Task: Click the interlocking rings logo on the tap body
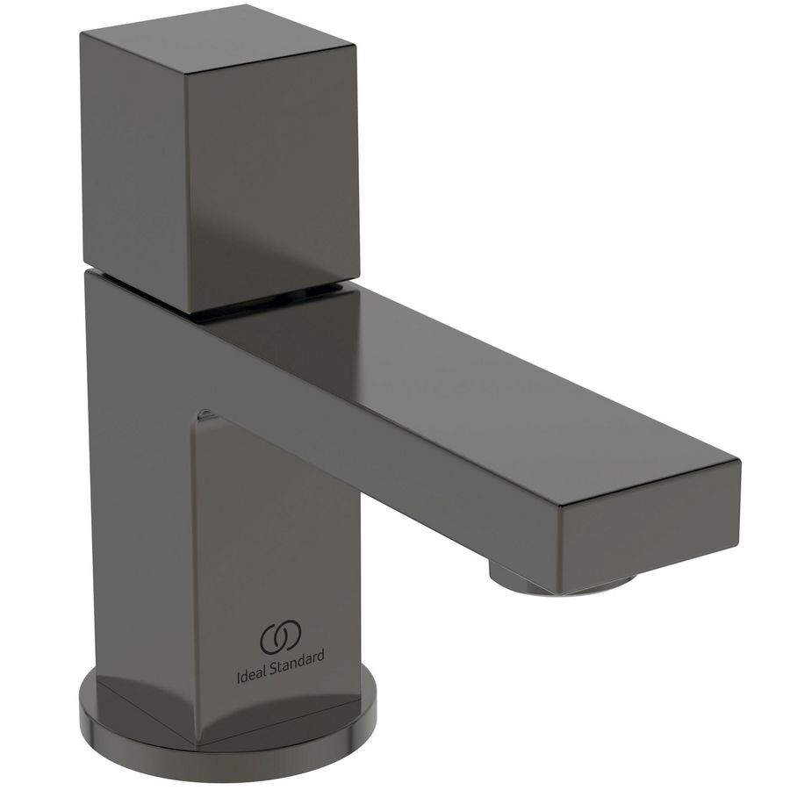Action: coord(280,638)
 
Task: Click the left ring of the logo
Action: coord(272,639)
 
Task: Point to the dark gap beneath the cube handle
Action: coord(263,297)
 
